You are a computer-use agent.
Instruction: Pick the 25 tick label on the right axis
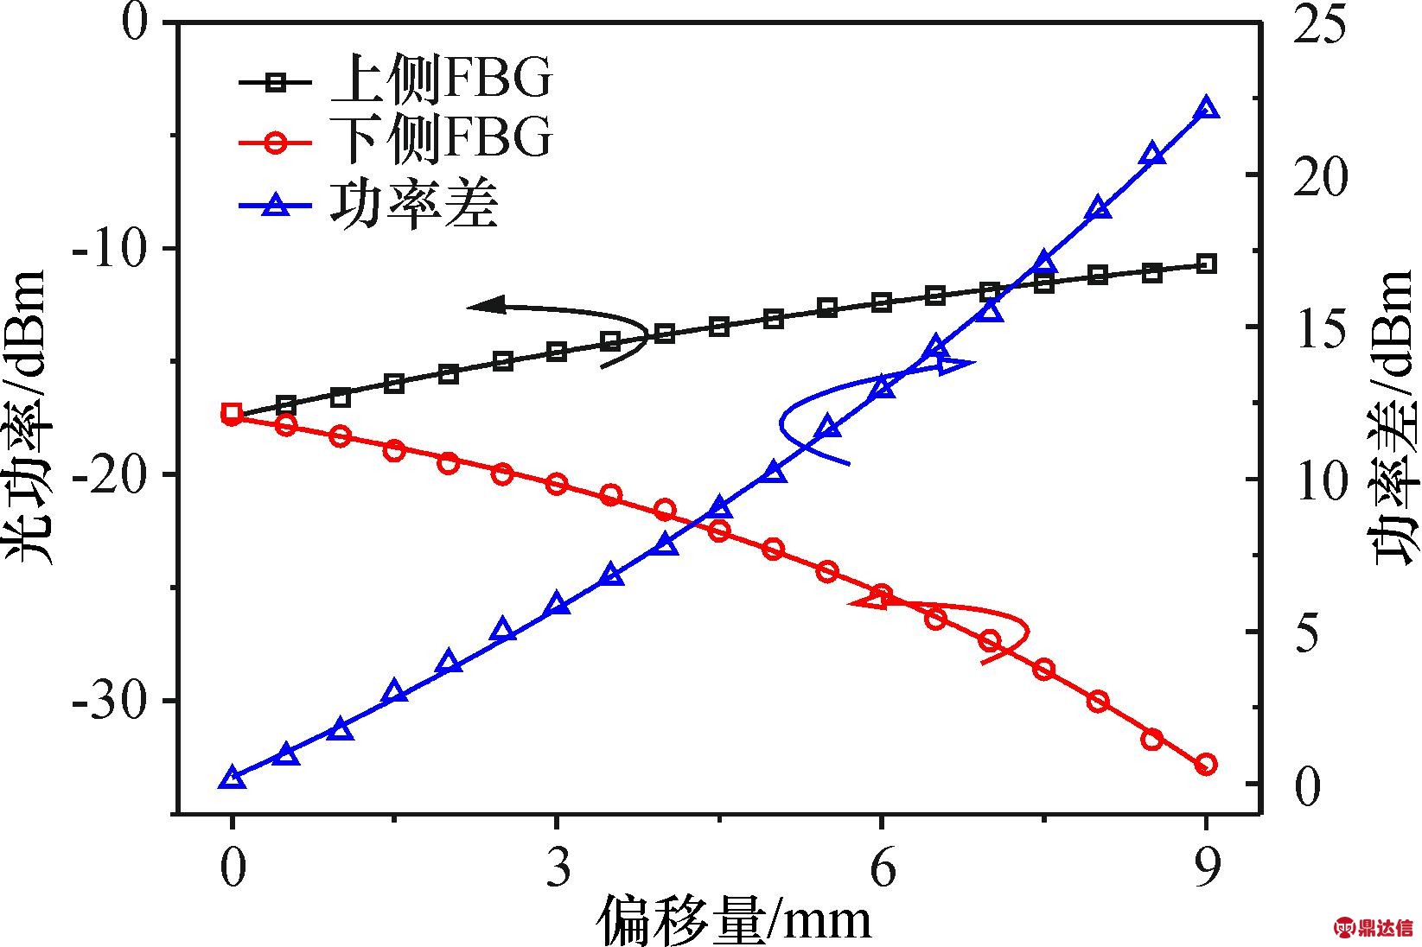click(1318, 23)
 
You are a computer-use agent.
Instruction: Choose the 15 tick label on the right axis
click(1318, 327)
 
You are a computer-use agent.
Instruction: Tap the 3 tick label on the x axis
click(558, 868)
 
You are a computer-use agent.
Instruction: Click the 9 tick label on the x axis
click(1207, 868)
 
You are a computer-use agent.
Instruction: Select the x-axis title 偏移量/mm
click(733, 919)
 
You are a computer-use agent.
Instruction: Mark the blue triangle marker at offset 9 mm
click(1207, 109)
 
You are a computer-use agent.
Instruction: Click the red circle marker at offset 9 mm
click(1207, 765)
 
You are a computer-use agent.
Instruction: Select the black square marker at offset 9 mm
click(1207, 264)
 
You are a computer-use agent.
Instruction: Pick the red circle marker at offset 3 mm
click(557, 484)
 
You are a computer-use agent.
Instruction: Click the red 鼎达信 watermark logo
click(1377, 928)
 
